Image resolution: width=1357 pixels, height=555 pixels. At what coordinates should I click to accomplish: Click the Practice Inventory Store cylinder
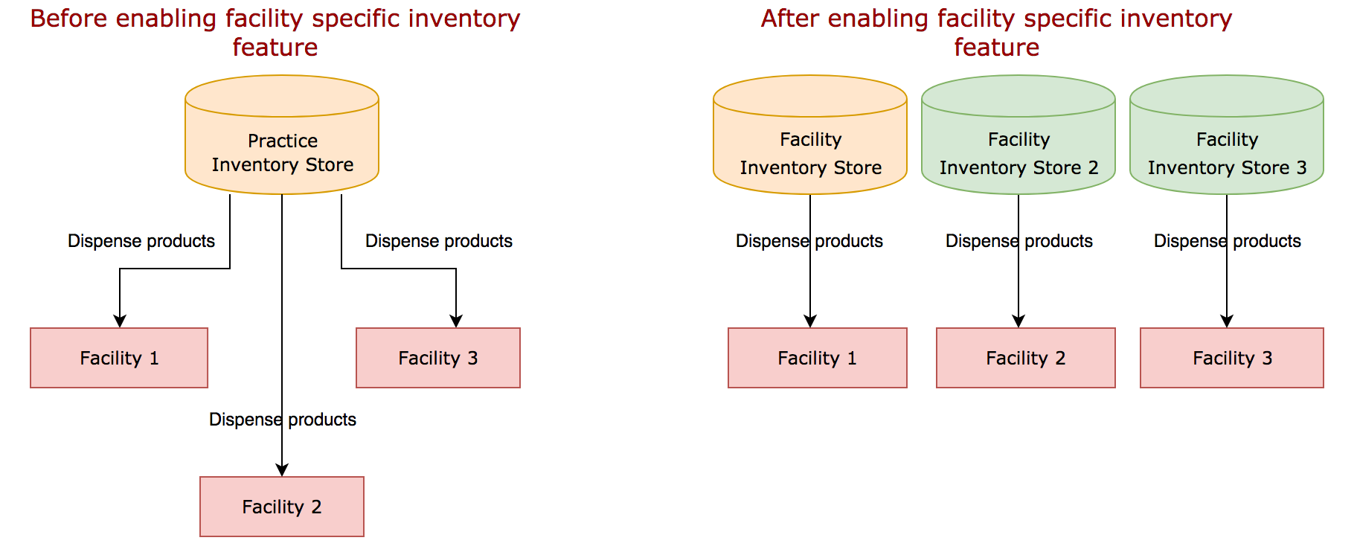282,152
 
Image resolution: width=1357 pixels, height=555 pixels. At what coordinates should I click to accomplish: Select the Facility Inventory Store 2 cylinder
1018,153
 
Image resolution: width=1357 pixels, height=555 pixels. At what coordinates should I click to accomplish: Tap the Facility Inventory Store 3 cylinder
1226,153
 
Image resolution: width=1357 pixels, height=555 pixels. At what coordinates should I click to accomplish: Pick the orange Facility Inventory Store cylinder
809,153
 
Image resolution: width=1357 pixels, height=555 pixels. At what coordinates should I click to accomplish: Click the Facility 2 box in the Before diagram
282,507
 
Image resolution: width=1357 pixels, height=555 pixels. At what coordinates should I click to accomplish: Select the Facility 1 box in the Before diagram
119,358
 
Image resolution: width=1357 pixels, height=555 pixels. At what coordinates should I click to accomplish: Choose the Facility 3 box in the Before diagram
438,358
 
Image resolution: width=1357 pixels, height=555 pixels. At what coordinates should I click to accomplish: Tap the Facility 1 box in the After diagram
817,358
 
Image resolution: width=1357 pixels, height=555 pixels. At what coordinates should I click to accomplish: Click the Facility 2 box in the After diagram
1025,358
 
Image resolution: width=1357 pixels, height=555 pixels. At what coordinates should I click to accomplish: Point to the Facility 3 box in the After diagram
1231,358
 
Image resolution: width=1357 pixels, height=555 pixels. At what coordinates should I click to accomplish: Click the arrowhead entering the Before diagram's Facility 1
120,321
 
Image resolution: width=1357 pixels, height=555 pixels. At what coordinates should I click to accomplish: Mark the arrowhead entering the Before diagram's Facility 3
456,321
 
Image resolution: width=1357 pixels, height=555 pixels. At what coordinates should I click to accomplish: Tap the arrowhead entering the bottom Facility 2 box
282,470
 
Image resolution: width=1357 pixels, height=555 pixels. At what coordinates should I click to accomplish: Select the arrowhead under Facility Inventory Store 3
1227,321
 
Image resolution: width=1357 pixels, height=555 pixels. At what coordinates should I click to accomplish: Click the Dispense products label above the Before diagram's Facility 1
141,241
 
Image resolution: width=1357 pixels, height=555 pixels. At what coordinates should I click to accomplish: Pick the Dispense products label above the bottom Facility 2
283,420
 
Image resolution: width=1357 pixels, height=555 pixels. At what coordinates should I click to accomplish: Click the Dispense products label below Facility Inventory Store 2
1018,241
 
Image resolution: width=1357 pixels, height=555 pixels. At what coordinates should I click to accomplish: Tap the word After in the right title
790,19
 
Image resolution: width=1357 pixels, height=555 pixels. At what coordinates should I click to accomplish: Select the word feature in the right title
996,48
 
